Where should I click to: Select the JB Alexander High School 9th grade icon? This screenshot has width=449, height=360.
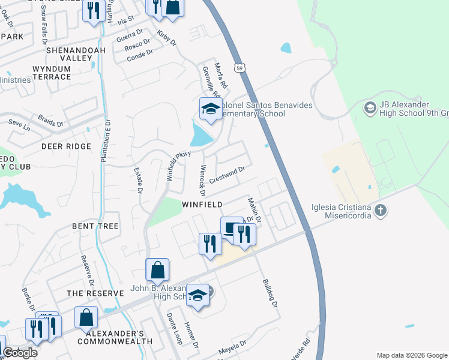[370, 109]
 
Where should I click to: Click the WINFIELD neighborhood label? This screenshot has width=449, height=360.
[203, 205]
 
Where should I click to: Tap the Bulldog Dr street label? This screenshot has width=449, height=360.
[270, 293]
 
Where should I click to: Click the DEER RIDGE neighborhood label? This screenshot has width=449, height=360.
[66, 146]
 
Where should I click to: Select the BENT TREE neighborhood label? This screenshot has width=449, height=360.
[95, 226]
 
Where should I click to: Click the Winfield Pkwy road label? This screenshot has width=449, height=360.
[178, 161]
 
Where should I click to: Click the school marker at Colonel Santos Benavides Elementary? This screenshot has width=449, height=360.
[210, 109]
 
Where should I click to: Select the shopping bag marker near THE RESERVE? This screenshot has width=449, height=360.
[86, 316]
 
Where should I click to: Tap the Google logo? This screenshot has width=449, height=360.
[20, 353]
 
